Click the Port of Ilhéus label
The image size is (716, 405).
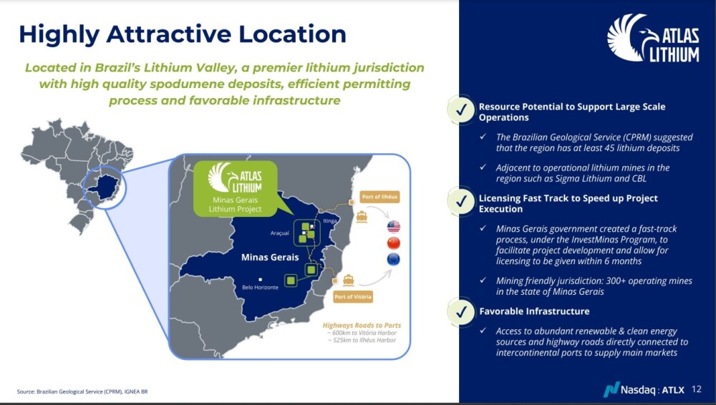click(x=379, y=197)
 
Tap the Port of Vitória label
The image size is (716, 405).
click(x=353, y=297)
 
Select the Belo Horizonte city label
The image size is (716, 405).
click(x=261, y=287)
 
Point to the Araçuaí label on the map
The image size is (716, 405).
click(x=279, y=233)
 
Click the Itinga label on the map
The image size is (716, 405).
click(x=329, y=220)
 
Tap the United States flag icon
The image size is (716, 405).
click(x=394, y=226)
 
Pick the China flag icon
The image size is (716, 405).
click(x=394, y=243)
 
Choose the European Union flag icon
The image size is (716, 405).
click(x=394, y=259)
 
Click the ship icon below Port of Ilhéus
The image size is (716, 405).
click(x=362, y=216)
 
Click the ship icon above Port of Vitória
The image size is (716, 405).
click(x=349, y=280)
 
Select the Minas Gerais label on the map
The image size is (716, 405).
click(x=270, y=258)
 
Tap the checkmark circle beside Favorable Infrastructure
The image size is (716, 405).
click(x=461, y=311)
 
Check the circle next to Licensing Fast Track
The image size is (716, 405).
click(x=461, y=200)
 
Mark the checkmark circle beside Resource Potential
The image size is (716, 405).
click(x=461, y=109)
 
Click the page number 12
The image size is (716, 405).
click(x=697, y=389)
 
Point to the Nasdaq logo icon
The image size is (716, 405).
click(x=611, y=389)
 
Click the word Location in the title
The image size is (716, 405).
click(x=292, y=34)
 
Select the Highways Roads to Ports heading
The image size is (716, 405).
click(x=362, y=325)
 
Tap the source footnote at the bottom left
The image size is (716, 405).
click(x=82, y=391)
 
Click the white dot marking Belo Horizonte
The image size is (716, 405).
click(x=261, y=280)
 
